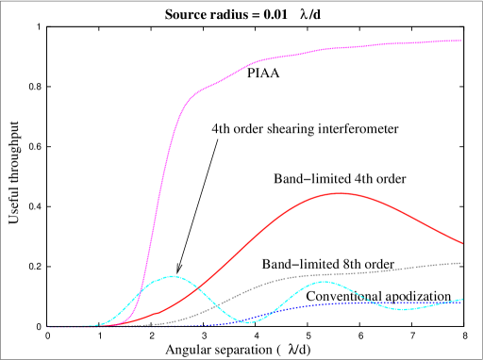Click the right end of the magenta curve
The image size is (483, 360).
pyautogui.click(x=461, y=41)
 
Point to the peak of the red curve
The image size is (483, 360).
pyautogui.click(x=338, y=193)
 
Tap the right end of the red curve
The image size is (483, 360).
pyautogui.click(x=462, y=243)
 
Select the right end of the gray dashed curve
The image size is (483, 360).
pyautogui.click(x=462, y=263)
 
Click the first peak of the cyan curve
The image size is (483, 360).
pyautogui.click(x=172, y=276)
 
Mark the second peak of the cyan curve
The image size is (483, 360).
pyautogui.click(x=323, y=282)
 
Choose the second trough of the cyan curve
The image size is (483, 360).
pyautogui.click(x=404, y=309)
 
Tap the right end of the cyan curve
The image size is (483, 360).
pyautogui.click(x=462, y=300)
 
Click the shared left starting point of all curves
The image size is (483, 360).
pyautogui.click(x=47, y=327)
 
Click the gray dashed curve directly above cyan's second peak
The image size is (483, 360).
pyautogui.click(x=323, y=274)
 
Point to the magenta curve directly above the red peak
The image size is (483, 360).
pyautogui.click(x=338, y=48)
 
